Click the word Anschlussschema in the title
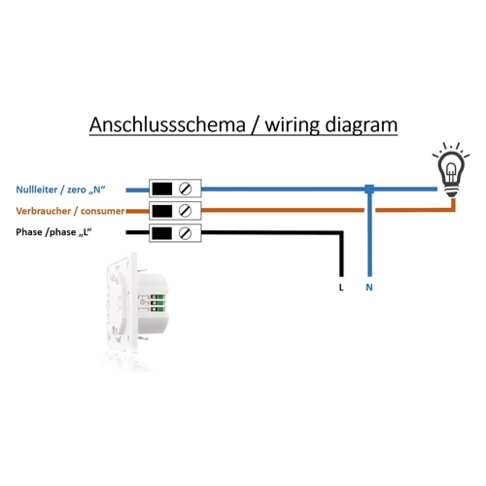(x=167, y=124)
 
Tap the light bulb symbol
(x=451, y=170)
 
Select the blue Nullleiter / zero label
(x=60, y=190)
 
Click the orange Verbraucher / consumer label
(x=70, y=211)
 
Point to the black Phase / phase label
(x=53, y=232)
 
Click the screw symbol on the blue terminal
(x=185, y=189)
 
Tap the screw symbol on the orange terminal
(x=185, y=211)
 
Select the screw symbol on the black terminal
(x=185, y=233)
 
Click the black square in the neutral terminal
(x=162, y=189)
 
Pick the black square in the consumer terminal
(x=162, y=211)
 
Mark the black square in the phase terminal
(x=162, y=233)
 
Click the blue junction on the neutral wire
(x=369, y=189)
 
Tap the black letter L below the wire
(x=341, y=288)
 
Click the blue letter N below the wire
(x=369, y=288)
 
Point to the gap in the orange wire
(x=369, y=210)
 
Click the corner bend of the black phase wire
(x=341, y=233)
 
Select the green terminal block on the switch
(x=157, y=303)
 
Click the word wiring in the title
(x=293, y=125)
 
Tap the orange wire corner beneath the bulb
(x=453, y=210)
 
